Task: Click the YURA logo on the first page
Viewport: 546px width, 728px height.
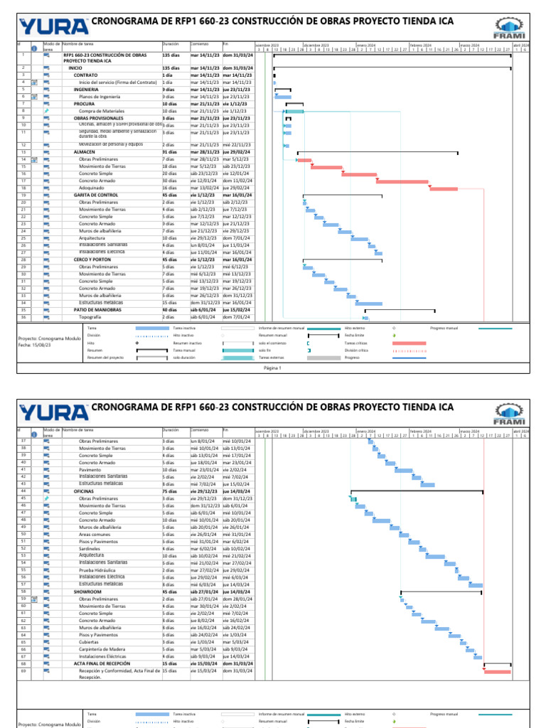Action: (53, 26)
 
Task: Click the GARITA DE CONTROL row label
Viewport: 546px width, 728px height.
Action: (96, 195)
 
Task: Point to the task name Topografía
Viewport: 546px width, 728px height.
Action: (90, 316)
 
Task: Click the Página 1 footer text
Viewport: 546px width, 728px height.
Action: (273, 368)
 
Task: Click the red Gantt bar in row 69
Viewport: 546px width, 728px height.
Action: (498, 671)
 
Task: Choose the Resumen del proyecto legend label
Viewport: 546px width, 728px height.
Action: (105, 358)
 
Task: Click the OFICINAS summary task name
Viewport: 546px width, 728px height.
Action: (84, 491)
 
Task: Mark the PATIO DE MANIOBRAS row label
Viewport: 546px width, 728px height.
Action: (97, 309)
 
